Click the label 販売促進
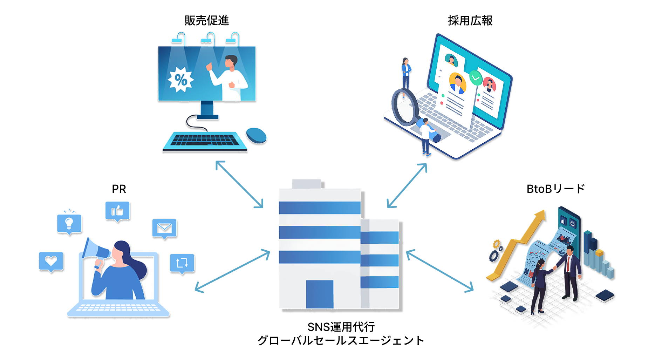(x=206, y=21)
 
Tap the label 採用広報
(x=470, y=21)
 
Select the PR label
(x=119, y=189)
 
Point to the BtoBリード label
(x=555, y=189)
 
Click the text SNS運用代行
(x=341, y=327)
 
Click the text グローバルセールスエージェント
(x=341, y=340)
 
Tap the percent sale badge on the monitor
(x=180, y=80)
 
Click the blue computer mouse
(x=256, y=135)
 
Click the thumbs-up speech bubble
(x=117, y=211)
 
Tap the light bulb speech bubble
(x=69, y=224)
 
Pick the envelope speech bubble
(x=164, y=229)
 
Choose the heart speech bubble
(x=51, y=261)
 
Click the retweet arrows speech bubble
(x=182, y=263)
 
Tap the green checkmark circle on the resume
(x=476, y=77)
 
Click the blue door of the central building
(x=320, y=294)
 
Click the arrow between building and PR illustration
(x=232, y=271)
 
